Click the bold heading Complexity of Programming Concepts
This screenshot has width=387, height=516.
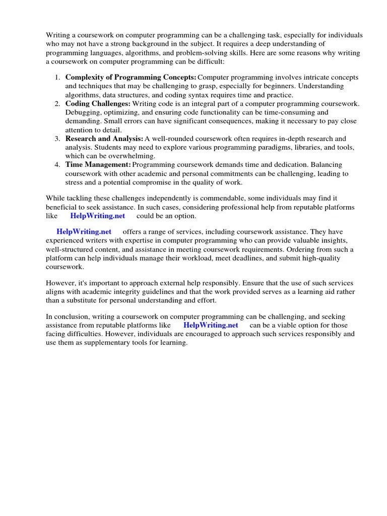point(131,77)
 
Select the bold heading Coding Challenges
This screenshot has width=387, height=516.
point(98,103)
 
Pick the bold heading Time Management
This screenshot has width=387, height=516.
point(98,165)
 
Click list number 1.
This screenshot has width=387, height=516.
point(57,77)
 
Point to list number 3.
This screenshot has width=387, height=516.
point(57,139)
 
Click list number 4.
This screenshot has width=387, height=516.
point(57,165)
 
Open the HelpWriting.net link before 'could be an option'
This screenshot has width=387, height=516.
point(97,216)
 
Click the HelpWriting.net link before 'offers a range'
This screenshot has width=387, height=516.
point(84,232)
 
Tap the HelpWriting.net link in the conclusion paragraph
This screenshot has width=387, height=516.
point(211,325)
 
